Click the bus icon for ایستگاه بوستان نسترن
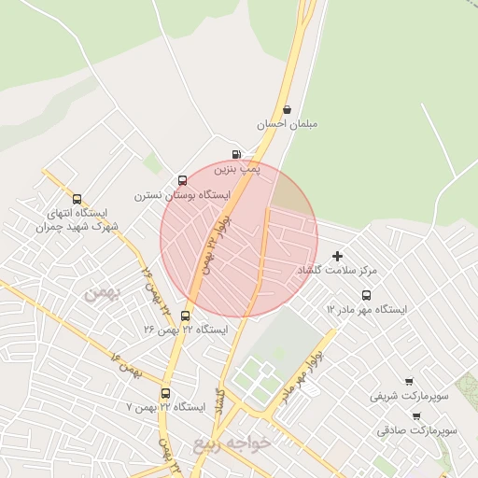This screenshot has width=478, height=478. pyautogui.click(x=181, y=181)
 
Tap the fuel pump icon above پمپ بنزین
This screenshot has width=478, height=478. pyautogui.click(x=235, y=155)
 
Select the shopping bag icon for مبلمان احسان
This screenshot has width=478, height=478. pyautogui.click(x=286, y=108)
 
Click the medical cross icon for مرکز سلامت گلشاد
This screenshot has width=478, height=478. pyautogui.click(x=337, y=255)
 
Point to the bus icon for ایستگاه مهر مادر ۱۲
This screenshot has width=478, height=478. pyautogui.click(x=366, y=295)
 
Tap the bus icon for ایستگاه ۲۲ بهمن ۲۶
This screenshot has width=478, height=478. pyautogui.click(x=185, y=316)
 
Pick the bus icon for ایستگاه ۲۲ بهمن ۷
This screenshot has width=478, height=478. pyautogui.click(x=165, y=393)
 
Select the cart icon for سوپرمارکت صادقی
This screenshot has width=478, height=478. pyautogui.click(x=415, y=416)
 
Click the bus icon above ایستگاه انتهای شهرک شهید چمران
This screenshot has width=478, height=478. pyautogui.click(x=77, y=199)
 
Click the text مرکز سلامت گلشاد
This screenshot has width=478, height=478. pyautogui.click(x=337, y=270)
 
